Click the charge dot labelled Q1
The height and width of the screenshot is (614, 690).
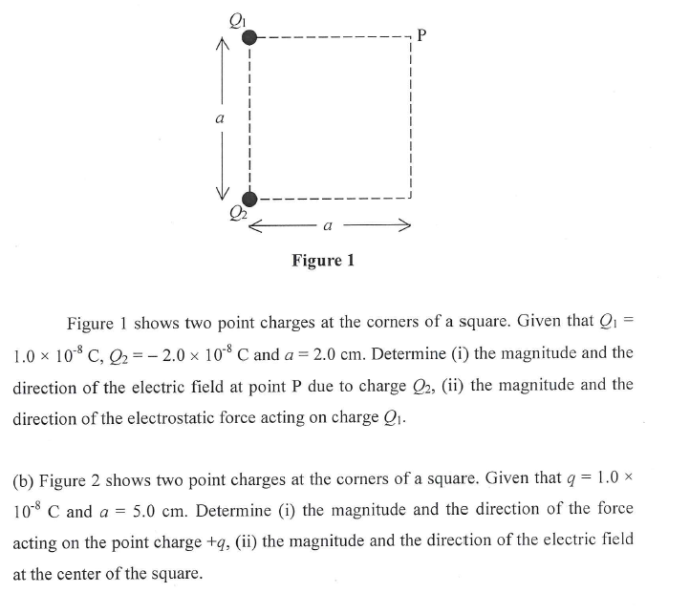pyautogui.click(x=249, y=37)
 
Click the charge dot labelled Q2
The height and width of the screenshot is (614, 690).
pyautogui.click(x=249, y=199)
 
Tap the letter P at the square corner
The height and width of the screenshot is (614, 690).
pyautogui.click(x=422, y=37)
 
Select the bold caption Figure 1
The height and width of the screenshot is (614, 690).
pyautogui.click(x=322, y=261)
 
